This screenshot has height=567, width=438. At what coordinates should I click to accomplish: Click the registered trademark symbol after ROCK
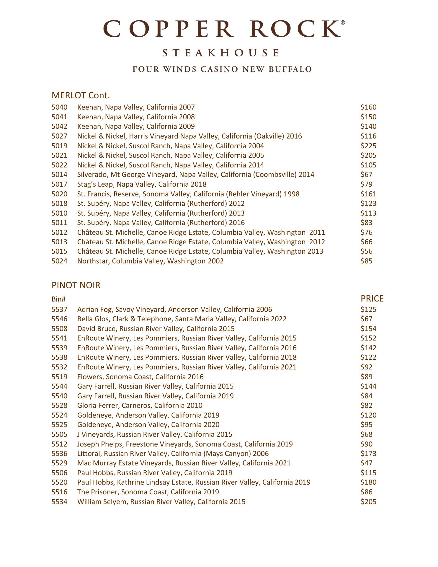[343, 22]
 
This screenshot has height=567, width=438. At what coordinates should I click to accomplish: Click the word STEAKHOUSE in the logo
[220, 53]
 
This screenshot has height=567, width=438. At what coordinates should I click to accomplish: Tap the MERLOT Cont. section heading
[81, 95]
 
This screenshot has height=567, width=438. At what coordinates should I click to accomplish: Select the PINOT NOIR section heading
[76, 285]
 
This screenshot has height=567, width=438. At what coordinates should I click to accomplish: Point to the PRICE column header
[372, 299]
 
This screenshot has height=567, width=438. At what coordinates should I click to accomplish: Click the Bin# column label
[58, 299]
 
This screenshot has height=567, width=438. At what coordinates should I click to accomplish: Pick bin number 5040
[59, 107]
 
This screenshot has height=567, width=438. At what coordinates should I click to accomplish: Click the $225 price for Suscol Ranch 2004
[368, 146]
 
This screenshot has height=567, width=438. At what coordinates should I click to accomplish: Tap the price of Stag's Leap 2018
[366, 184]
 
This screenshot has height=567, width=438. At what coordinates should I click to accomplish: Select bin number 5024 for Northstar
[59, 261]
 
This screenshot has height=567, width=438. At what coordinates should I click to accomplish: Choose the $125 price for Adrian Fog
[368, 309]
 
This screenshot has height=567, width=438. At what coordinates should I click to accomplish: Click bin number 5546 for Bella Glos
[59, 319]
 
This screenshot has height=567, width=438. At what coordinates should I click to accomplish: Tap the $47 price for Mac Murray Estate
[366, 463]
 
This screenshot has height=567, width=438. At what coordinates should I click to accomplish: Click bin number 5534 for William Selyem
[59, 502]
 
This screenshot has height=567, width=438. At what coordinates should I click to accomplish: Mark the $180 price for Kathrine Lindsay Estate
[368, 482]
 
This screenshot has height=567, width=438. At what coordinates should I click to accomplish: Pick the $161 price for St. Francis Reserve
[368, 194]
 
